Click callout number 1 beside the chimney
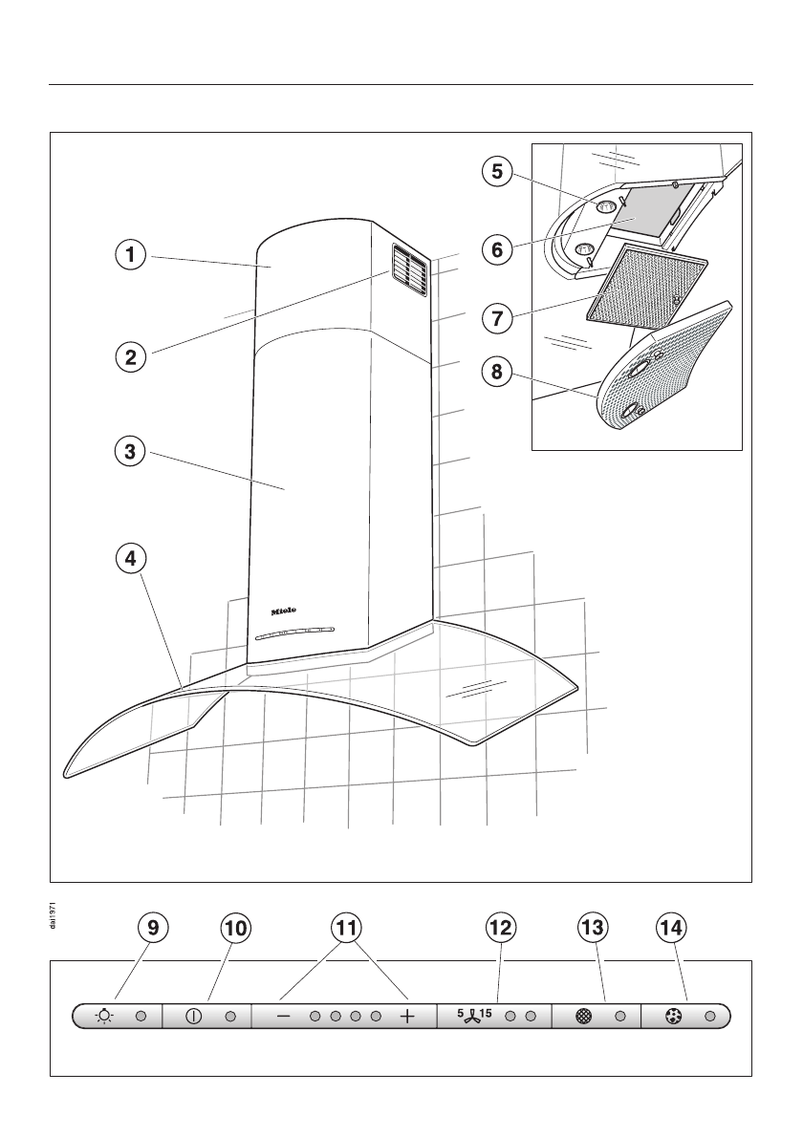[x=125, y=255]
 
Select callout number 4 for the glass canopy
[x=125, y=557]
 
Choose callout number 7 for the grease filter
[x=495, y=317]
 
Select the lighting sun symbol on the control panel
[x=105, y=1018]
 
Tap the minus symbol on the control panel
[x=283, y=1018]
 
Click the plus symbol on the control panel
[x=408, y=1018]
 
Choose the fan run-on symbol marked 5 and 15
[x=474, y=1015]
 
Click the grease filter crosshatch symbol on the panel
[x=584, y=1018]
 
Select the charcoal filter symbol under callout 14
[x=673, y=1018]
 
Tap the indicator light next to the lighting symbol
[x=141, y=1018]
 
